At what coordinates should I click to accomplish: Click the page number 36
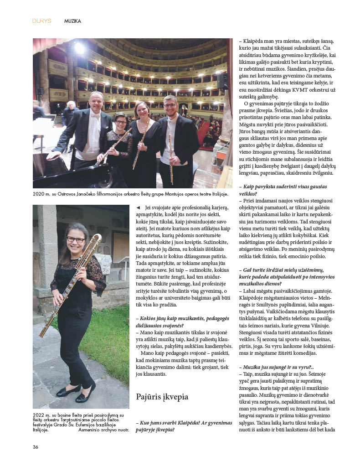(x=35, y=446)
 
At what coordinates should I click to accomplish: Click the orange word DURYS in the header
(x=41, y=21)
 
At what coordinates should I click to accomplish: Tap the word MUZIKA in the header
(x=72, y=21)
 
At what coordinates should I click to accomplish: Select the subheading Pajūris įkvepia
(x=162, y=397)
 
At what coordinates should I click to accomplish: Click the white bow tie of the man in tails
(x=95, y=116)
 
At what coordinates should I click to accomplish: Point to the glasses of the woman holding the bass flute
(x=75, y=239)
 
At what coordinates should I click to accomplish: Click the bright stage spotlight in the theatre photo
(x=80, y=47)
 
